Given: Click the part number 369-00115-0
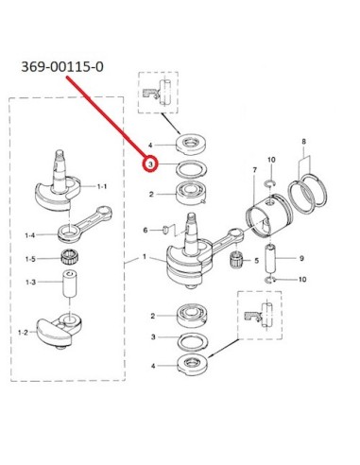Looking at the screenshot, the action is click(62, 67).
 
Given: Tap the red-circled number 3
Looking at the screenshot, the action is click(150, 164).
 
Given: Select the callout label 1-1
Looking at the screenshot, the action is click(102, 186).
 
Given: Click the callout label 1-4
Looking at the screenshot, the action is click(30, 235).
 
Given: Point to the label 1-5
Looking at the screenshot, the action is click(30, 259).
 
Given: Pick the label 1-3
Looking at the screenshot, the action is click(30, 282).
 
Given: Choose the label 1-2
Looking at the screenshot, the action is click(23, 332).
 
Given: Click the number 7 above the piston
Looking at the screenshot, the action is click(255, 170).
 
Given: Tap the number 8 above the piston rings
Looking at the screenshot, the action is click(303, 142).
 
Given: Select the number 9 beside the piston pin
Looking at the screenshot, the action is click(301, 258).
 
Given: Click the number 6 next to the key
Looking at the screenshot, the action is click(146, 231).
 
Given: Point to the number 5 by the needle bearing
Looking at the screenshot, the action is click(256, 261).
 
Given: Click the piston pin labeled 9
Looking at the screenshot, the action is click(270, 258).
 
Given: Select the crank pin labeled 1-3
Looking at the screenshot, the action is click(70, 284).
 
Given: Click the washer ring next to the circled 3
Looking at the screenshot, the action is click(191, 168).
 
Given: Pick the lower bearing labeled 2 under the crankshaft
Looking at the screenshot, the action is click(191, 316).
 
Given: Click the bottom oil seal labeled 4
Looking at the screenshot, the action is click(193, 365).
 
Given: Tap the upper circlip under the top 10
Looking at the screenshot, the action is click(271, 183).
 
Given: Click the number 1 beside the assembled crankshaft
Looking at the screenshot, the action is click(145, 257).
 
